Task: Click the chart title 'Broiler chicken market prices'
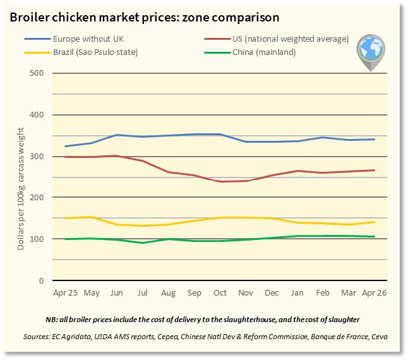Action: [x=94, y=18]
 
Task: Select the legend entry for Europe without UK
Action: [x=74, y=39]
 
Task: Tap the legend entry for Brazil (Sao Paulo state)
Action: [x=81, y=52]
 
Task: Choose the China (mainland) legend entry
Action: [x=250, y=52]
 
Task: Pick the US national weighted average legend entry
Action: [x=277, y=39]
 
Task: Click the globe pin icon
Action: [x=371, y=52]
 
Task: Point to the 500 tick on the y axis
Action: [x=37, y=73]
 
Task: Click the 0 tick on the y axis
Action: [x=41, y=280]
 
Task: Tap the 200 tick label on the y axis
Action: [x=37, y=198]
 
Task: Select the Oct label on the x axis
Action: [x=220, y=293]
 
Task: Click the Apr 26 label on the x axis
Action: [x=374, y=293]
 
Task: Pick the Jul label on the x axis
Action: [x=142, y=293]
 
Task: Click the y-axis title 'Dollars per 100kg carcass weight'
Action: [x=20, y=189]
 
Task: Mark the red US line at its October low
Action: [x=220, y=181]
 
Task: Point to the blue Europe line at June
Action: [x=117, y=135]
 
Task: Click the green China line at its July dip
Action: [x=142, y=243]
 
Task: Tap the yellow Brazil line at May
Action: [x=92, y=217]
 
